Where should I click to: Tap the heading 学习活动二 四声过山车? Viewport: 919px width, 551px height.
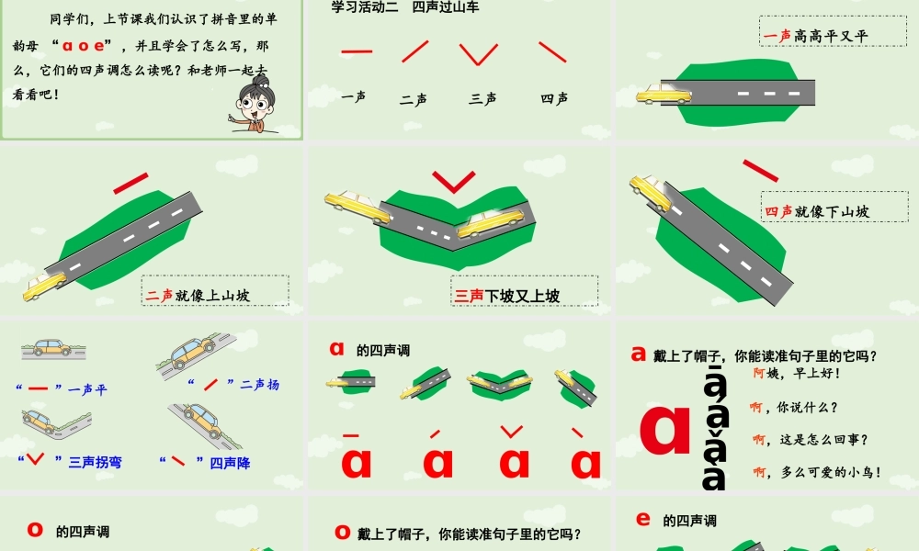tap(405, 7)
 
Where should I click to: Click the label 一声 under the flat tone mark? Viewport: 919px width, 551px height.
tap(354, 96)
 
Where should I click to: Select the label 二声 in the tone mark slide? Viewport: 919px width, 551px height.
tap(414, 99)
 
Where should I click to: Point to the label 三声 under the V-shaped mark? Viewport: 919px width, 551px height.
tap(482, 98)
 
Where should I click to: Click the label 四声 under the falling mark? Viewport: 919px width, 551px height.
tap(554, 98)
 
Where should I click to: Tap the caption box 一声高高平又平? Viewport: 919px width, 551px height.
tap(816, 36)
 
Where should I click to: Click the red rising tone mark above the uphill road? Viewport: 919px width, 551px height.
tap(131, 183)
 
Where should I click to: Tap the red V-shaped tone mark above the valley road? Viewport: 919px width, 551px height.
tap(454, 181)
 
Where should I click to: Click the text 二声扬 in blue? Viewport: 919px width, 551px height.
tap(259, 385)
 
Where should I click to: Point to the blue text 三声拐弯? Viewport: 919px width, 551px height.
tap(95, 462)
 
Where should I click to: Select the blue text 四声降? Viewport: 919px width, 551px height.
tap(229, 463)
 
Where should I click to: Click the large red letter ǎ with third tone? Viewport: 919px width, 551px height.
tap(515, 456)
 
